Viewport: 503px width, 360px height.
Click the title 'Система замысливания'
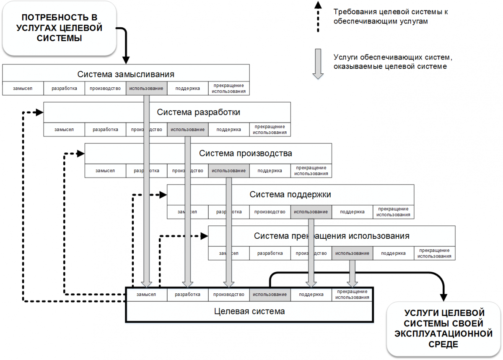tap(126, 74)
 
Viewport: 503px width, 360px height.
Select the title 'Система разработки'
tap(198, 112)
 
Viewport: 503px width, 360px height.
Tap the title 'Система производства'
tap(245, 153)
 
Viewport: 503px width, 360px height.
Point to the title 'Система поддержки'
tap(290, 194)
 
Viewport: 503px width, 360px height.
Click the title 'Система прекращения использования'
tap(331, 236)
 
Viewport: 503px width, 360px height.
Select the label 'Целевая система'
tap(249, 311)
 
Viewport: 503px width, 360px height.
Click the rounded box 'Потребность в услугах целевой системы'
tap(59, 28)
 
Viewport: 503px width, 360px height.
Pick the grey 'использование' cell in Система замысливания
tap(146, 89)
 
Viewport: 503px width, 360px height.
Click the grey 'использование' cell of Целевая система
tap(270, 295)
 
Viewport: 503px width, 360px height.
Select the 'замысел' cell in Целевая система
tap(146, 295)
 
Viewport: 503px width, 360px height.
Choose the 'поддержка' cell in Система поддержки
tap(352, 212)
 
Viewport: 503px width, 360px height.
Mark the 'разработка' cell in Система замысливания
tap(64, 89)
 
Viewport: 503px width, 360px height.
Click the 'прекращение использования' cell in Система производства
tap(311, 171)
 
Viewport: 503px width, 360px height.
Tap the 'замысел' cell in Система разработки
tap(64, 130)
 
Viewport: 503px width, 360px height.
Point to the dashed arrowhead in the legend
tap(318, 5)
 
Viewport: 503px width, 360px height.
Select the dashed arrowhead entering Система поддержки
tap(163, 194)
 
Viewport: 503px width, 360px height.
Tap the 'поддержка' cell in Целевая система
tap(311, 295)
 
